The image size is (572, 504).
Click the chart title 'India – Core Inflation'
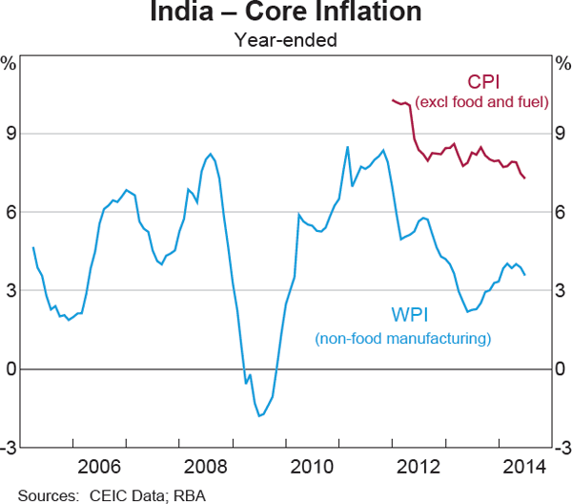point(286,13)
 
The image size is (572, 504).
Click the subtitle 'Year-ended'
point(286,39)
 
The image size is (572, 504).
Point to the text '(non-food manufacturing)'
point(402,338)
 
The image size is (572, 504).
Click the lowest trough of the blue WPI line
point(258,416)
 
